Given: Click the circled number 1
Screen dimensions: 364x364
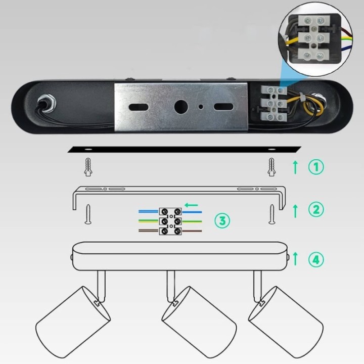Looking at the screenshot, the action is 316,167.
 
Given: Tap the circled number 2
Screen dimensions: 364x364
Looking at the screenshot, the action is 316,210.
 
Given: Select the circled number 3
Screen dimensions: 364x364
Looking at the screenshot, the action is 222,220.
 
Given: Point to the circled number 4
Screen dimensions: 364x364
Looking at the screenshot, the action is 316,259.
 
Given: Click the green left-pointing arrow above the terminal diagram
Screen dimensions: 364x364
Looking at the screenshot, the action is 191,205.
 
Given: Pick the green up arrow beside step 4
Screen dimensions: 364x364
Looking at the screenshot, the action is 295,259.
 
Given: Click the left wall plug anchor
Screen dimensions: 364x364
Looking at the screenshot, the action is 88,167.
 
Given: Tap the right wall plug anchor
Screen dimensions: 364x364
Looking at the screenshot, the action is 271,167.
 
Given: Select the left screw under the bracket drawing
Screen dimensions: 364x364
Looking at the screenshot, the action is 88,214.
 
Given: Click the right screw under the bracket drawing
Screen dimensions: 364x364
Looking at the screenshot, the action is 272,214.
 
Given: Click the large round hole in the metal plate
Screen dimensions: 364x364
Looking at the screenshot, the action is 181,107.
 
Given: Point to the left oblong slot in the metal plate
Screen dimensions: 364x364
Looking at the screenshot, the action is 139,107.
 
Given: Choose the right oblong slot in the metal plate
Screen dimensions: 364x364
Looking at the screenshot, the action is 223,107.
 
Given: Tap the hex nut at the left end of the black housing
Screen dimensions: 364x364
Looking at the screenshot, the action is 47,103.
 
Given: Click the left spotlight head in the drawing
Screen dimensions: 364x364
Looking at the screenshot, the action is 73,322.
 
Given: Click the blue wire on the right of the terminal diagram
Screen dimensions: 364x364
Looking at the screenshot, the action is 192,212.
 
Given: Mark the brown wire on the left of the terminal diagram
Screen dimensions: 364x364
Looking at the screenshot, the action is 149,231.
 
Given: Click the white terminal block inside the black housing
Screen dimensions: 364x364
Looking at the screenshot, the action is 274,103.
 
